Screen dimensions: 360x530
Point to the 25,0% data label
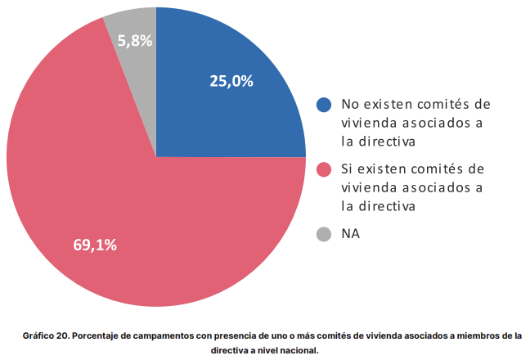(231, 81)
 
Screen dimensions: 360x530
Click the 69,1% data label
(95, 244)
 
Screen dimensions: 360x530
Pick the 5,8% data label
(135, 40)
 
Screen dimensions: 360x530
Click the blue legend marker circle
(324, 105)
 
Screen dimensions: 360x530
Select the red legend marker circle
(324, 169)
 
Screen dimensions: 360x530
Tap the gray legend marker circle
(324, 234)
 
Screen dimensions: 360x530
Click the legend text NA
(351, 234)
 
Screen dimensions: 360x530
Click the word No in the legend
(351, 105)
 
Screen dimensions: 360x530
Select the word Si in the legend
(348, 169)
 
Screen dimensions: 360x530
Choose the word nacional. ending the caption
(296, 350)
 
